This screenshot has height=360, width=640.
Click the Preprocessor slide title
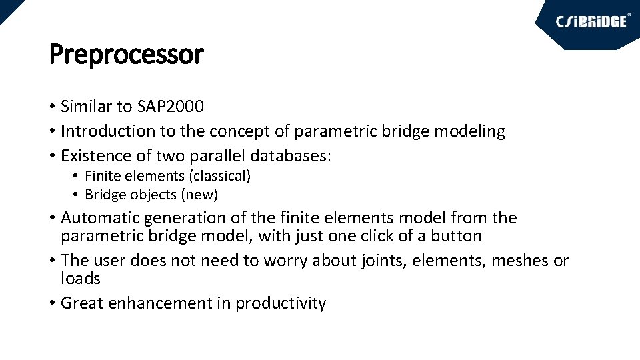[126, 55]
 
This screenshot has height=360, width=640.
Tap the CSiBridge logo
[591, 21]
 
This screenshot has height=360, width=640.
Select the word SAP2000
[171, 107]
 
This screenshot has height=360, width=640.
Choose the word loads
[81, 279]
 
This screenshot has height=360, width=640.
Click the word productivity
[281, 303]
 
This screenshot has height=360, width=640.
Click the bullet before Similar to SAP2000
[52, 107]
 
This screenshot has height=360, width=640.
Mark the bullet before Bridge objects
[77, 195]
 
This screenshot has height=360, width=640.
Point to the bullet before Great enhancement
[52, 303]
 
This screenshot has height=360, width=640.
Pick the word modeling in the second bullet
[469, 131]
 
